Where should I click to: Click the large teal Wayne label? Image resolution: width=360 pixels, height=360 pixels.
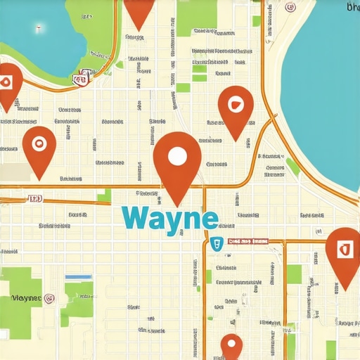tap(169, 217)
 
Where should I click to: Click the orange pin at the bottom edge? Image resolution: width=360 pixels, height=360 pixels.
tap(231, 346)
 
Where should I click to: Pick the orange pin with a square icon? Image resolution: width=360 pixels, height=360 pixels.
tap(343, 253)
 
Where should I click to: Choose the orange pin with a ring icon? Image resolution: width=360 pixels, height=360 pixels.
tap(39, 148)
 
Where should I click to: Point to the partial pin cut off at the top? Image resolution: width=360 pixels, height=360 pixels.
tap(139, 11)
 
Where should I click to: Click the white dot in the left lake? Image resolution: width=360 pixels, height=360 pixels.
tap(37, 30)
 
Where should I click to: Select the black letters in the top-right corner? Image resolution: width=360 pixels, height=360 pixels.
tap(353, 7)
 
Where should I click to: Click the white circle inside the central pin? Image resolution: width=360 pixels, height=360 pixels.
tap(177, 156)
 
